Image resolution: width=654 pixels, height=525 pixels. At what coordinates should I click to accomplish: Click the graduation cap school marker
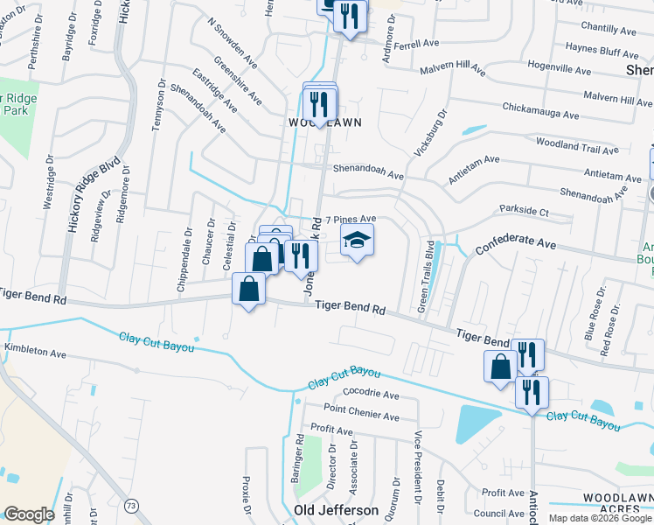(357, 240)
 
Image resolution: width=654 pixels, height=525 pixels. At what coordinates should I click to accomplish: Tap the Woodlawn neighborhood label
(325, 123)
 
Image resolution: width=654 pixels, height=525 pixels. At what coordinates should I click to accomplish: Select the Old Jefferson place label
(337, 510)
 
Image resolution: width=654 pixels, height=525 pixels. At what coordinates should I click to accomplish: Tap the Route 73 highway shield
(131, 506)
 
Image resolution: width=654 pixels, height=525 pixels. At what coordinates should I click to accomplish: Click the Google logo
(29, 514)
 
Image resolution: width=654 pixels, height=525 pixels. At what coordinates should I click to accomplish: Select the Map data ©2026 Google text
(600, 518)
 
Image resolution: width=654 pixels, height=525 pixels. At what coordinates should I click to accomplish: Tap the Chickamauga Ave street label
(540, 112)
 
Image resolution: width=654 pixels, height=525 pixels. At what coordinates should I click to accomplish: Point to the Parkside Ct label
(524, 211)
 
